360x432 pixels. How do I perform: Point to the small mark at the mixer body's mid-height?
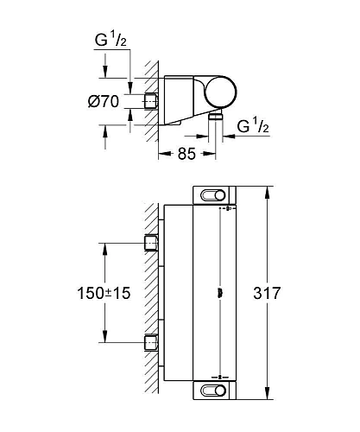tap(222, 293)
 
